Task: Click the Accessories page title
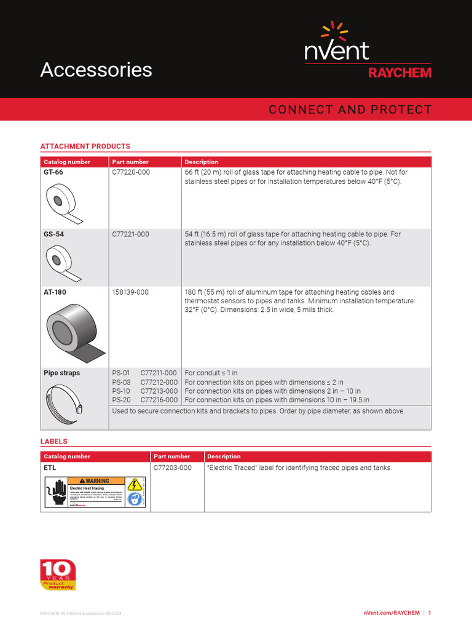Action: (96, 70)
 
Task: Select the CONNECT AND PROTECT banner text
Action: (350, 110)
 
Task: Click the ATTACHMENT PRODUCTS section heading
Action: (85, 146)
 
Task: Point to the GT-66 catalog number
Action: (53, 173)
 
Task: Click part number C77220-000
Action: (131, 173)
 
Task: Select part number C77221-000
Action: (131, 234)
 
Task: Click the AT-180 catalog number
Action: (55, 292)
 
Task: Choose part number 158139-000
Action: (131, 292)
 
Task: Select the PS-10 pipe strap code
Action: (121, 391)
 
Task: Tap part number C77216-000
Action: (159, 400)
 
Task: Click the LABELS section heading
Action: (53, 441)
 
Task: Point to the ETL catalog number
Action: (50, 468)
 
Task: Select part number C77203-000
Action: (173, 468)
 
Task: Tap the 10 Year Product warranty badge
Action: (58, 575)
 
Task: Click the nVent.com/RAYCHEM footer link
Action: (391, 613)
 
